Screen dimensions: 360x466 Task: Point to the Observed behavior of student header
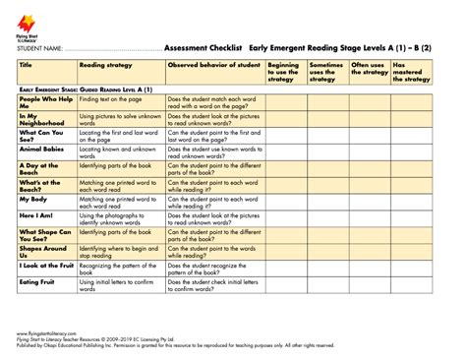[213, 64]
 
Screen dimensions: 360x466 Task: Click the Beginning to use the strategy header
[284, 71]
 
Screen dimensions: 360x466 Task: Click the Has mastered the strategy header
[411, 71]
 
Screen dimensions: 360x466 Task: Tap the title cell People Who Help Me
[44, 103]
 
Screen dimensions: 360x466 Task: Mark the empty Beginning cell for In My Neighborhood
[286, 120]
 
